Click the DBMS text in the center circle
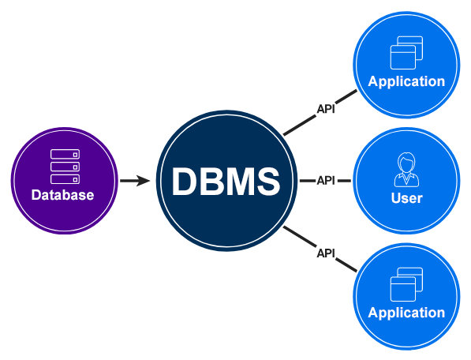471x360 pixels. (226, 182)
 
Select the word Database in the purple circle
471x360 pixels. (63, 195)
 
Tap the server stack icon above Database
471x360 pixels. (65, 167)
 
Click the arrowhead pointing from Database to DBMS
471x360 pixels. (143, 181)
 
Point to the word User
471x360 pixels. (407, 198)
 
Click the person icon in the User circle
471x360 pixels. (407, 170)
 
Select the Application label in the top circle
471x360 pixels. (406, 81)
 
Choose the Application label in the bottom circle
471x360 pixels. (406, 313)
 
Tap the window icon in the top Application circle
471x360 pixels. (407, 53)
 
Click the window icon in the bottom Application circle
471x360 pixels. (407, 284)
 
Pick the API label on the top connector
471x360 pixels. (326, 109)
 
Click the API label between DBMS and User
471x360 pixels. (326, 181)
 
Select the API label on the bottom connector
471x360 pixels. (326, 253)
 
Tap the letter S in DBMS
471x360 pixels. (268, 182)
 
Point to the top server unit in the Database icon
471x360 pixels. (65, 154)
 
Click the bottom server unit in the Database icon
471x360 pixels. (65, 179)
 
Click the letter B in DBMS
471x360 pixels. (211, 182)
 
